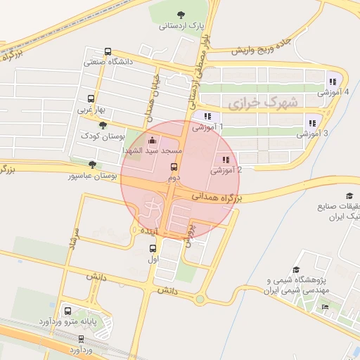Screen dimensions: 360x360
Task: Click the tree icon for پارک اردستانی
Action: pos(181,15)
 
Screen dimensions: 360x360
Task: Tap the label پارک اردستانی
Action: pos(181,26)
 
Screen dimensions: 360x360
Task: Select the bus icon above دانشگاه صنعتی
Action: pos(108,51)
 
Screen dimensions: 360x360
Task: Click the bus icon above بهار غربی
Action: pos(91,99)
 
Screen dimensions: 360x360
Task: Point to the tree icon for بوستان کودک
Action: pos(104,124)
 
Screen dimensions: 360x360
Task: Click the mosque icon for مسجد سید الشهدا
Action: pos(153,140)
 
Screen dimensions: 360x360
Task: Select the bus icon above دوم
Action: pos(174,167)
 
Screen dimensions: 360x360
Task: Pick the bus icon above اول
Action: pos(153,248)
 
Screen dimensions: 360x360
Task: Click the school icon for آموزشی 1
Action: pos(207,116)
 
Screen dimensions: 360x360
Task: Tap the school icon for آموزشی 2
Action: pos(226,160)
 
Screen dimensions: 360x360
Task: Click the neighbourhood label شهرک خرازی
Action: pos(263,103)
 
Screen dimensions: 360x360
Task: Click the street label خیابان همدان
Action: pos(156,96)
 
